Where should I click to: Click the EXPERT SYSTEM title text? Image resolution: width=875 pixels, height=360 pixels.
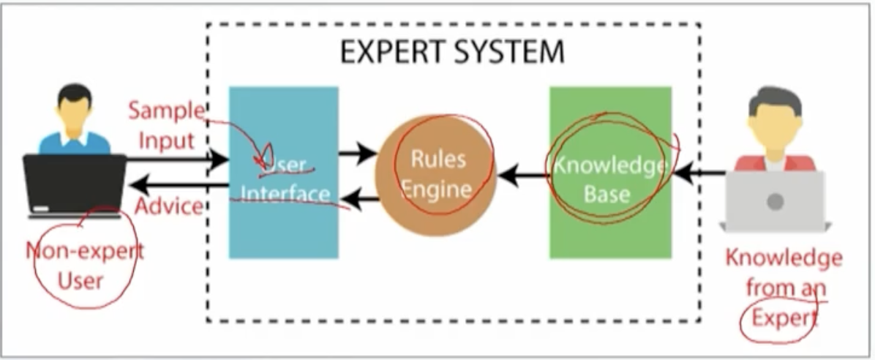[452, 52]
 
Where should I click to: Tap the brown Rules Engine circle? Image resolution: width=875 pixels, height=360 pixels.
[435, 175]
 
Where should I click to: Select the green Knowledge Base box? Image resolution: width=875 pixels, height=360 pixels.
[610, 173]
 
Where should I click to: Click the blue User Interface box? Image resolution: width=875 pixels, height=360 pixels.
[283, 173]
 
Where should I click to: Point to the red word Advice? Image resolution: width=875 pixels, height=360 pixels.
[169, 206]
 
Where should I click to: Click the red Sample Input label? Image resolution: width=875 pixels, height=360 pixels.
[167, 126]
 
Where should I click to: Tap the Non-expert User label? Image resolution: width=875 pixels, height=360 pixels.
[84, 265]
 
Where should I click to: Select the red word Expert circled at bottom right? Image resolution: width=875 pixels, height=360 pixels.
[784, 319]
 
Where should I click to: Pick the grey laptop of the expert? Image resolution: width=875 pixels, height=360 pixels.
[775, 201]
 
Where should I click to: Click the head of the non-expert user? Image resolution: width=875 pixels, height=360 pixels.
[74, 107]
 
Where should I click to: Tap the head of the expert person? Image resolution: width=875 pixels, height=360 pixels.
[775, 121]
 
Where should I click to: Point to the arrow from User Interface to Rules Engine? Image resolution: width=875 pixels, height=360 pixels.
[357, 152]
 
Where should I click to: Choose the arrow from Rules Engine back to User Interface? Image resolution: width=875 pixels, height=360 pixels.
[360, 198]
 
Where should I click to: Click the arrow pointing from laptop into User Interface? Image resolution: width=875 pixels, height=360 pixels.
[178, 160]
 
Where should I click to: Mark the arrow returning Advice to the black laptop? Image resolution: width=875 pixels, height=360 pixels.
[178, 185]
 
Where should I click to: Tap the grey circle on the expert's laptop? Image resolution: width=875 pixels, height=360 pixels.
[775, 201]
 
